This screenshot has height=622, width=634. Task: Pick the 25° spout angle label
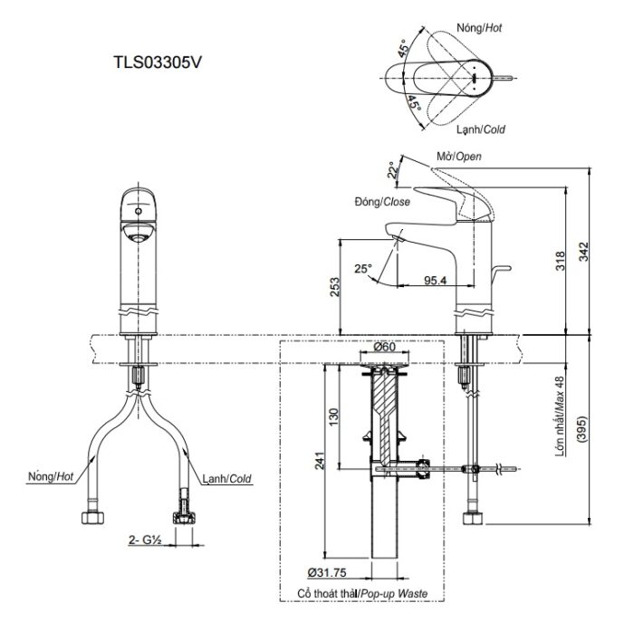click(x=362, y=269)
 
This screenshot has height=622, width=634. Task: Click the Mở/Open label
click(x=458, y=157)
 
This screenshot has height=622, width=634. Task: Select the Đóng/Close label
click(x=380, y=201)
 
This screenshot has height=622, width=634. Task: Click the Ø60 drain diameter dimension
click(x=384, y=348)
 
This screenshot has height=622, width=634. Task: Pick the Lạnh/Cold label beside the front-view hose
click(x=226, y=478)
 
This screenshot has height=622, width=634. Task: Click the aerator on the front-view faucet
click(x=137, y=236)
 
